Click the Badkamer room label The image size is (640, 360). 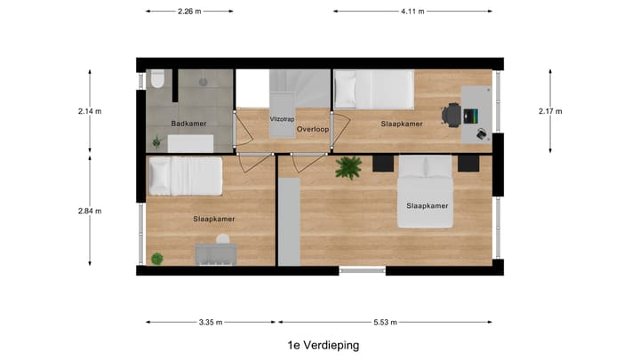point(188,124)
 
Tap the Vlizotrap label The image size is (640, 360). point(282,117)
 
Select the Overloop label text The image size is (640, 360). point(313,129)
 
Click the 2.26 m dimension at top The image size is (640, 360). point(188,12)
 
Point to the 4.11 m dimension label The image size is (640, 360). point(413,12)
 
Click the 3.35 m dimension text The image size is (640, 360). point(211,323)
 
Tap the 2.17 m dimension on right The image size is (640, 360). point(550,111)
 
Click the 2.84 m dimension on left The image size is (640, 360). point(90,211)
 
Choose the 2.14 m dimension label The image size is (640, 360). point(90,111)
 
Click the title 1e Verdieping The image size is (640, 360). point(324,345)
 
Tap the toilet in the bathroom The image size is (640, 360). point(157,81)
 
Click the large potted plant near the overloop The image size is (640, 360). point(348,166)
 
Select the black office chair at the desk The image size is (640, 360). point(452,114)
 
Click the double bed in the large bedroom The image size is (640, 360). point(425,191)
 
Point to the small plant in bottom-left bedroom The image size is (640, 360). point(157,259)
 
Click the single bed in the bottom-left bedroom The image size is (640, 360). point(185,175)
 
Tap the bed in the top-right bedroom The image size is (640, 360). point(372,89)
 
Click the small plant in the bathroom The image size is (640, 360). point(157,140)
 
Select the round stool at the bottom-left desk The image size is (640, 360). point(223,239)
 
